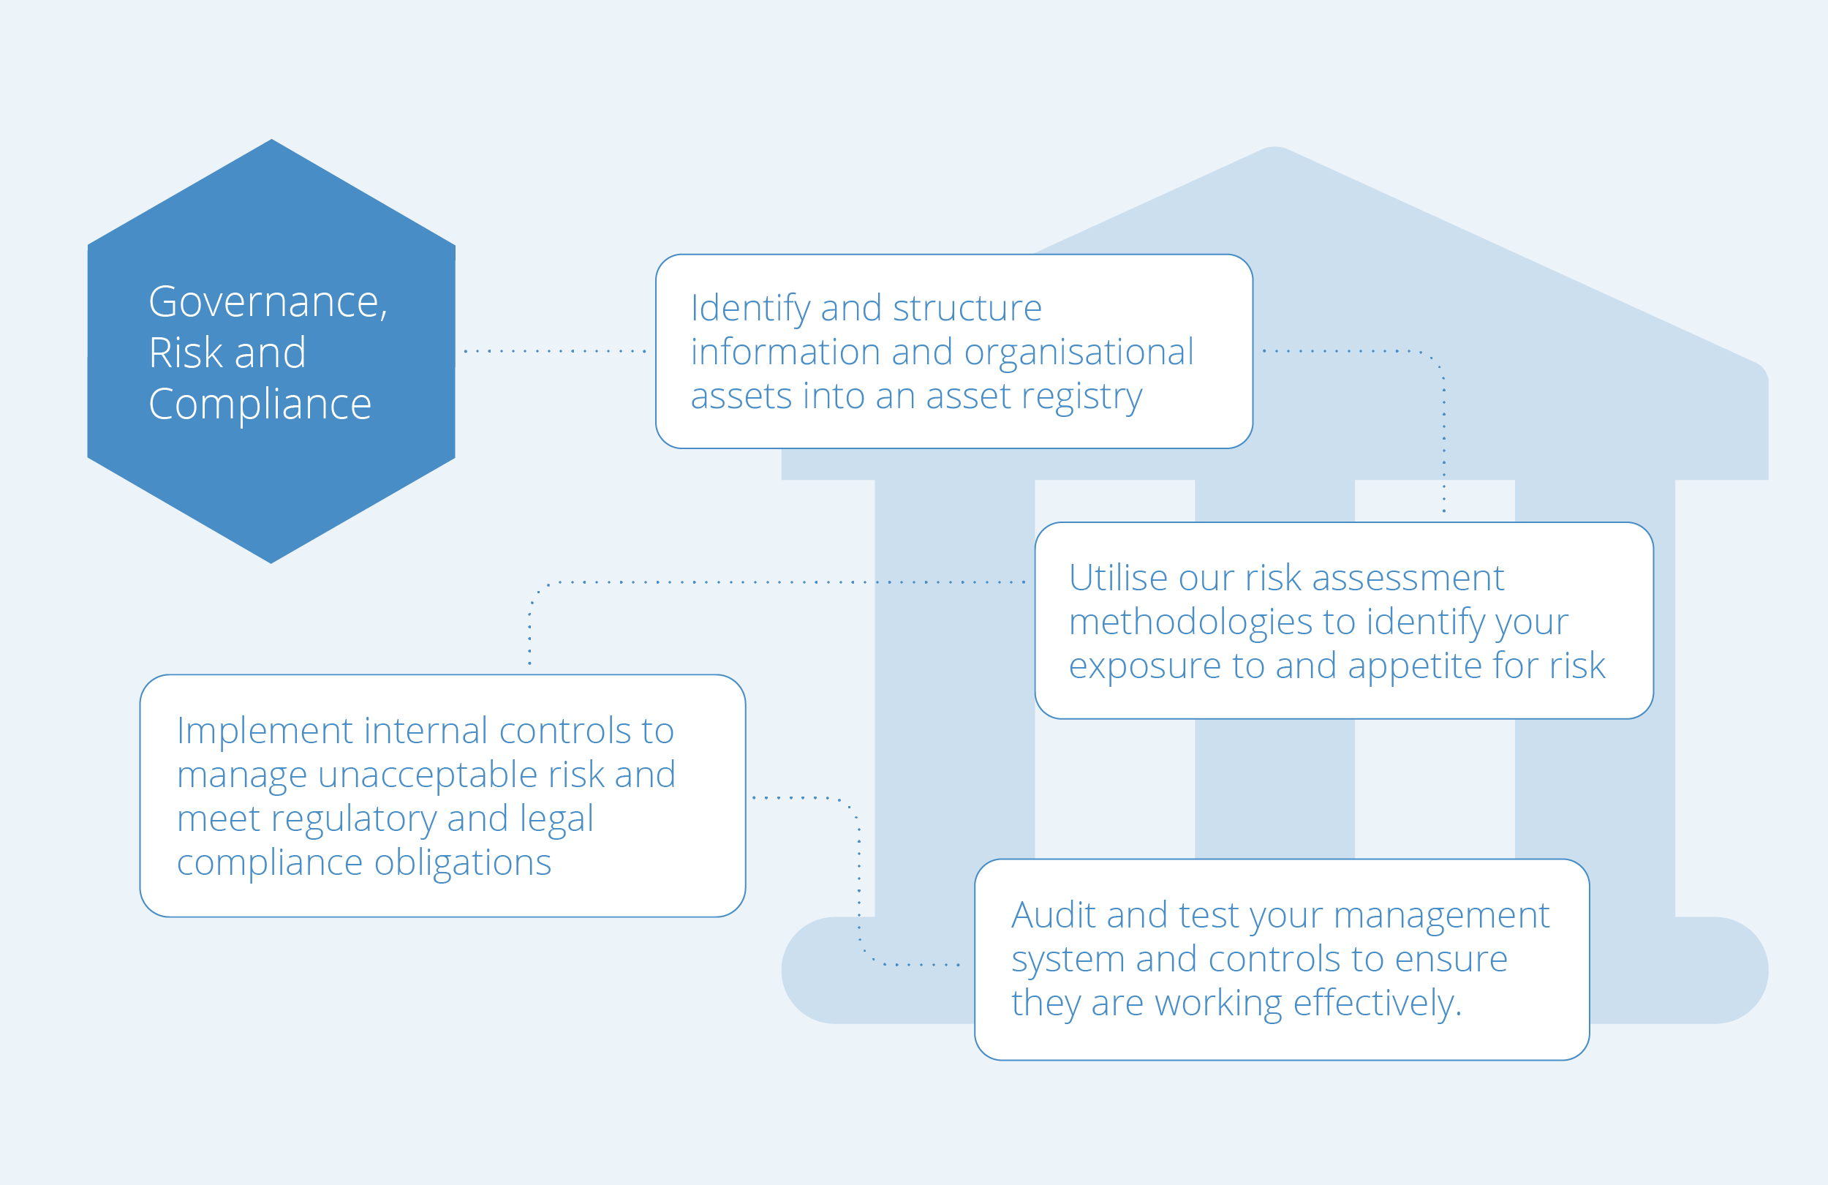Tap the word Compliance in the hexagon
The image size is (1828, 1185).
[x=260, y=405]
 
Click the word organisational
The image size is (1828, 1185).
[x=1079, y=353]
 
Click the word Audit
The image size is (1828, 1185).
[x=1053, y=915]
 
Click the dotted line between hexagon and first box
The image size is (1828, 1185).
[x=554, y=351]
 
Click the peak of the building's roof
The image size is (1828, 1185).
[x=1275, y=147]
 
